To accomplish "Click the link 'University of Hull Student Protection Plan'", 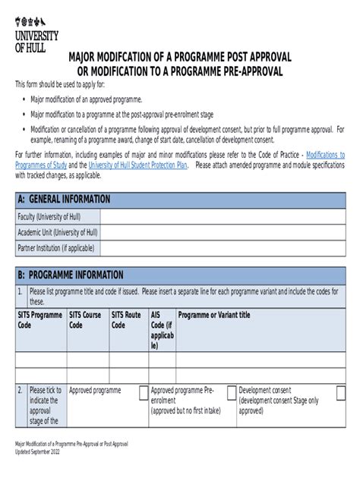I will coord(137,164).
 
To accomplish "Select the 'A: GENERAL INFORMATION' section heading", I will coord(65,200).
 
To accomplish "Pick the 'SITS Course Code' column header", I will coord(86,319).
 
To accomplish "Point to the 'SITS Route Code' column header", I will coord(127,319).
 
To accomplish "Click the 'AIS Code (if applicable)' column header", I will coord(161,329).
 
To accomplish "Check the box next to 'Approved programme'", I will coord(143,392).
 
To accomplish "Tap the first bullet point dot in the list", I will coord(24,99).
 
